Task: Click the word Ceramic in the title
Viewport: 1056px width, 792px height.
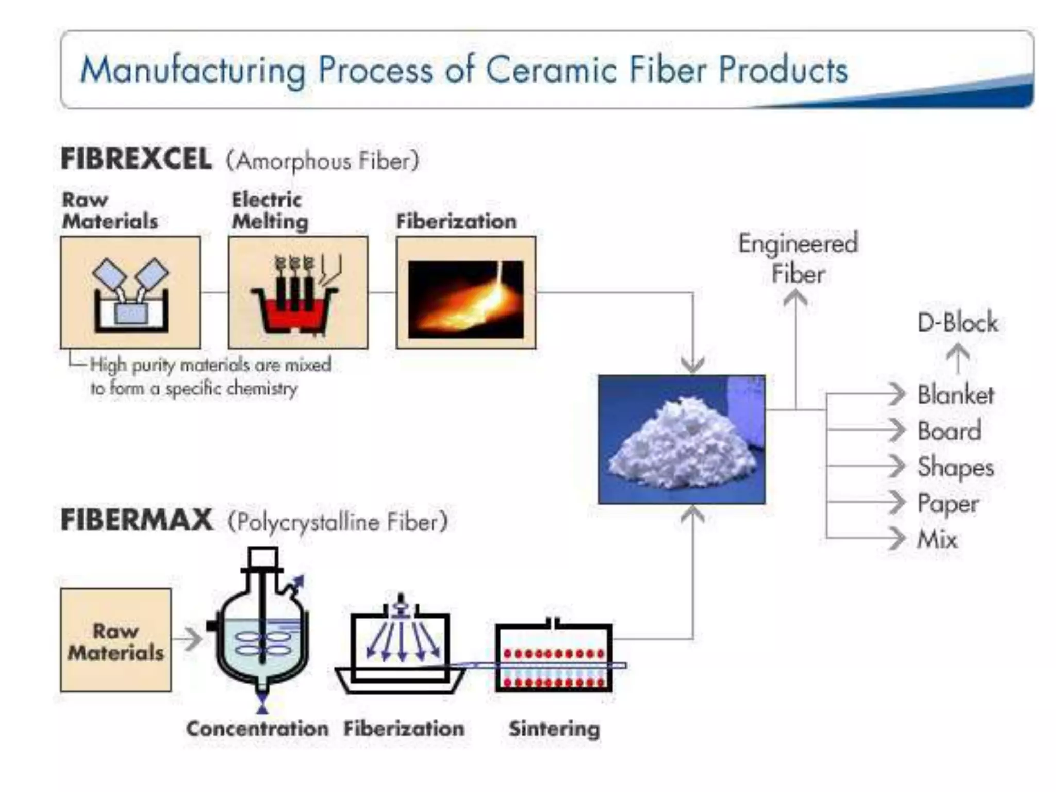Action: click(x=551, y=70)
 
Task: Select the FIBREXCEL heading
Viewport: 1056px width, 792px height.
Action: click(x=136, y=158)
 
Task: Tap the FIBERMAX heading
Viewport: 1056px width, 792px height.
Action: click(x=136, y=519)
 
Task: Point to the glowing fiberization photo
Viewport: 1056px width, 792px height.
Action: click(x=466, y=299)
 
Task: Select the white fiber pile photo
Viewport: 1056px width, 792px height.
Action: click(x=682, y=440)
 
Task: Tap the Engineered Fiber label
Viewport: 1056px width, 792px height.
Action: click(x=798, y=258)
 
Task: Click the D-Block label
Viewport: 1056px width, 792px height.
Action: click(x=958, y=323)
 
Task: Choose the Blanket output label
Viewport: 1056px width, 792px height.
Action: click(x=955, y=395)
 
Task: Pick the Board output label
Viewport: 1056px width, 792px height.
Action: click(x=949, y=431)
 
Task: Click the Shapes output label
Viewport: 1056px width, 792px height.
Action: click(x=955, y=467)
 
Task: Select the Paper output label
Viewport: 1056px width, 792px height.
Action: click(x=948, y=503)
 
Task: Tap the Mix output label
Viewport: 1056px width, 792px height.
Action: click(x=937, y=539)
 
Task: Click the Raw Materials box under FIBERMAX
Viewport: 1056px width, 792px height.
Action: click(x=115, y=640)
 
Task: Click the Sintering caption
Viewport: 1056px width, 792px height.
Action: click(x=554, y=729)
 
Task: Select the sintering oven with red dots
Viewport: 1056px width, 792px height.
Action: click(x=553, y=658)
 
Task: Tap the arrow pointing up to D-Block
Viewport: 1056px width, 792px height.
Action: click(x=958, y=358)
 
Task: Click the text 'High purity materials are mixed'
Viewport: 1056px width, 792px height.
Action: click(x=210, y=365)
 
